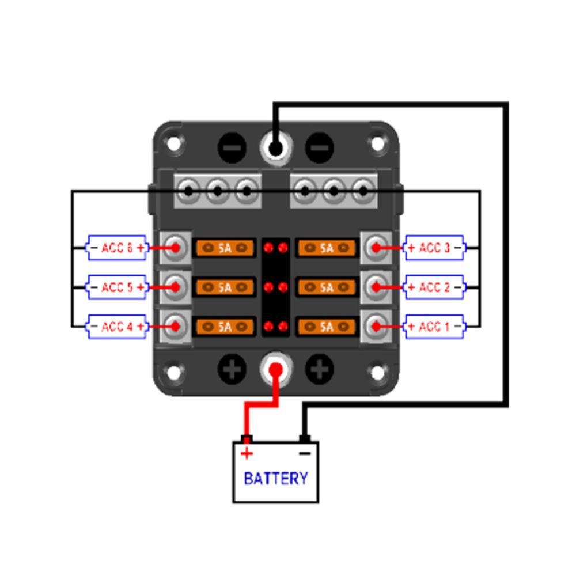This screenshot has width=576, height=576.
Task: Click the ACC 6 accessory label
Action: pos(117,248)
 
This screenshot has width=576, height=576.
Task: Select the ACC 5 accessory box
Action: pos(117,287)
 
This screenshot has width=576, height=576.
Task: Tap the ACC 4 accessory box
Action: pos(117,327)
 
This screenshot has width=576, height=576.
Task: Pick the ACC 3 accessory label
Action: pos(434,248)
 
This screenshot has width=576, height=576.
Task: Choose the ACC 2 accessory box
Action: pos(434,287)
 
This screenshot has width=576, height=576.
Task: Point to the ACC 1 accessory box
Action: pos(434,327)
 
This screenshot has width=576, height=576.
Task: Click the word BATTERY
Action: pos(275,478)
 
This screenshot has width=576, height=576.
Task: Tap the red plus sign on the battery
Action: pos(247,454)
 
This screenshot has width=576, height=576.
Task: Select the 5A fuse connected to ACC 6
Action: pos(225,248)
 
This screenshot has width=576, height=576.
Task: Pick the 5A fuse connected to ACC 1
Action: pos(327,327)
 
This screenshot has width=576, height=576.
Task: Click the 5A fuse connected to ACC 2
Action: pos(327,287)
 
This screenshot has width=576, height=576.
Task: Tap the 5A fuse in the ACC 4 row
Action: pos(225,327)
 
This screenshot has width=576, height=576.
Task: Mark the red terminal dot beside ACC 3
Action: pos(376,248)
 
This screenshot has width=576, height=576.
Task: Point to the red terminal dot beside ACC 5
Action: pos(176,287)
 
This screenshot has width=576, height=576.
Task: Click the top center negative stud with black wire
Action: pos(275,149)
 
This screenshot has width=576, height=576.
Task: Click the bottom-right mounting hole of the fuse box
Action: pos(378,373)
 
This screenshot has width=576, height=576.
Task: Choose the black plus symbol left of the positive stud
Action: pos(232,369)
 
